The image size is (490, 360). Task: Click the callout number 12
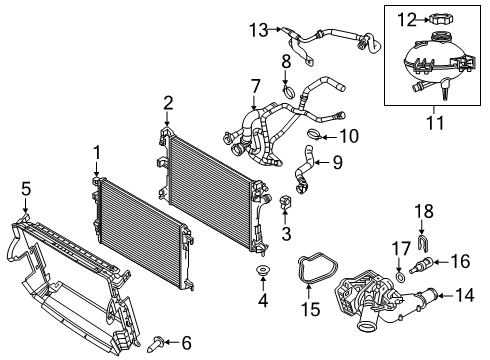click(x=407, y=20)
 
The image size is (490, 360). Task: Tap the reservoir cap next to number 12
click(x=440, y=18)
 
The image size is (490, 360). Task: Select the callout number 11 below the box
click(x=435, y=123)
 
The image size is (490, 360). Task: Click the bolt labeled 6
click(x=156, y=343)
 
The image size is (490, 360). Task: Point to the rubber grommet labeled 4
click(x=263, y=269)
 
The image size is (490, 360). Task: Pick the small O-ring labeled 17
click(x=400, y=276)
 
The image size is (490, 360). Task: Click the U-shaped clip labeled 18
click(x=422, y=242)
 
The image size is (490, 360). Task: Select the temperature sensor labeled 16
click(x=421, y=265)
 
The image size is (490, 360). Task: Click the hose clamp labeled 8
click(x=289, y=91)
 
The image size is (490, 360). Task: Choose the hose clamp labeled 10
click(x=314, y=134)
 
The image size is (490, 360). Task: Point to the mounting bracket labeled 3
click(x=284, y=203)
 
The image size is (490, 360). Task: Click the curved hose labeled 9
click(x=304, y=170)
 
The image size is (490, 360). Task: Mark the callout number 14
click(x=464, y=295)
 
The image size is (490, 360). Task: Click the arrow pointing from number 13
click(x=275, y=29)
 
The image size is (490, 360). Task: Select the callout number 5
click(x=26, y=189)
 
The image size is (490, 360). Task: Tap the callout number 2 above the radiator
click(x=168, y=103)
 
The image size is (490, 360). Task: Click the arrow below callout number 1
click(x=97, y=169)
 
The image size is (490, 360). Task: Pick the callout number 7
click(x=255, y=86)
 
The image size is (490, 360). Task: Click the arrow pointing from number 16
click(x=440, y=262)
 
